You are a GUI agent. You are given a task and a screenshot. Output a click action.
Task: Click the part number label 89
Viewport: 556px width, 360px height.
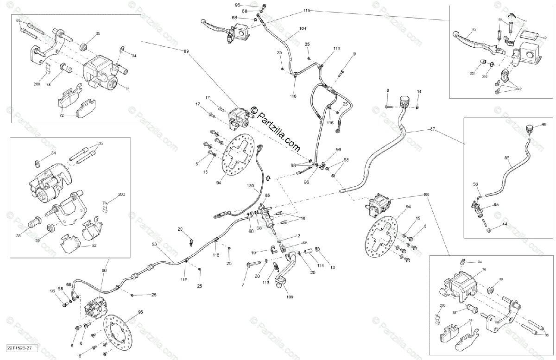(187, 51)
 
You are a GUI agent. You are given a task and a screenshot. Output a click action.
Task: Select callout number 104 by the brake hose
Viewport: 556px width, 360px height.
(303, 29)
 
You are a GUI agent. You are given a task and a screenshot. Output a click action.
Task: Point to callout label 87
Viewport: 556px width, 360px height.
(433, 128)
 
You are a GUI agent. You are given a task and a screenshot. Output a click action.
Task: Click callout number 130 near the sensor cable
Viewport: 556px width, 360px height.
(250, 186)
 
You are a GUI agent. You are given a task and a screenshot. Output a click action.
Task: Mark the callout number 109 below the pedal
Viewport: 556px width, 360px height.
(290, 297)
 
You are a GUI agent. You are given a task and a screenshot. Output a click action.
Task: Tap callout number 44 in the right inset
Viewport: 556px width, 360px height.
(505, 224)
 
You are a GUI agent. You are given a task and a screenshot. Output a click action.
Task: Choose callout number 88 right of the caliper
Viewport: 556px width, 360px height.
(426, 195)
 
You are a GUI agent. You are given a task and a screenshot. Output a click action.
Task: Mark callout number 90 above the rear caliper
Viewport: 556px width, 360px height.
(104, 271)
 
